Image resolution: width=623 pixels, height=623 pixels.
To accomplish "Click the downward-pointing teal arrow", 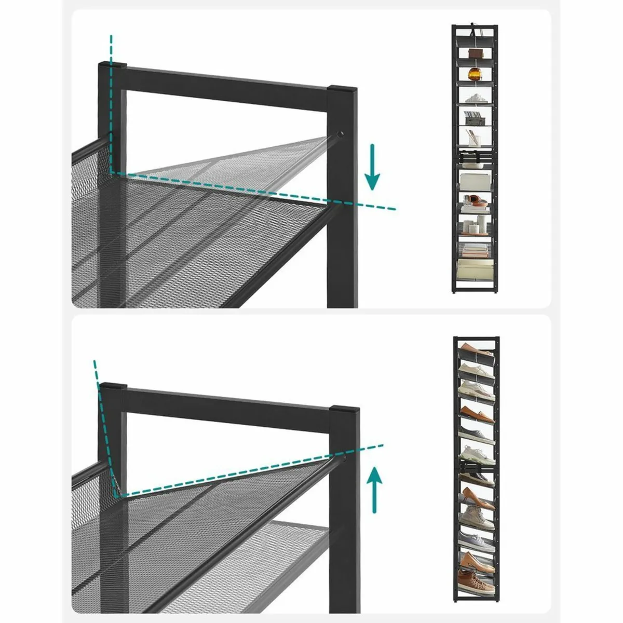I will (372, 168).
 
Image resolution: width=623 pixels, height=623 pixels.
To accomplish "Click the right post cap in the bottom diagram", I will (344, 410).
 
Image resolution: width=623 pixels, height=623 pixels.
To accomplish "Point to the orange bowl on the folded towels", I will (473, 199).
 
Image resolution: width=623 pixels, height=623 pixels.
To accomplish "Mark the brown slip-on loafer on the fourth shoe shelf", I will (475, 413).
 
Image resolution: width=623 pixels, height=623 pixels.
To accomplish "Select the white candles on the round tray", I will (474, 226).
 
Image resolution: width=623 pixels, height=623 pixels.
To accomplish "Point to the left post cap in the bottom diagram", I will (113, 387).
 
